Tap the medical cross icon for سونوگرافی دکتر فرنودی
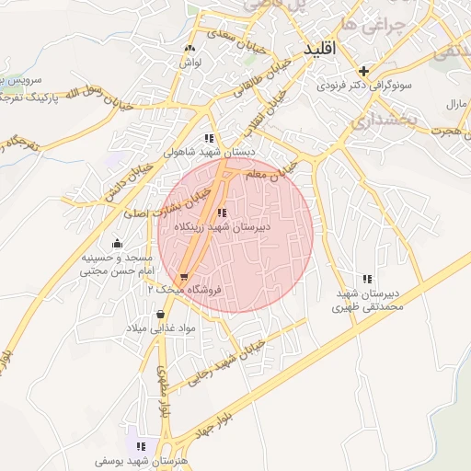point(364,71)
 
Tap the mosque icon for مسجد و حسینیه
point(117,244)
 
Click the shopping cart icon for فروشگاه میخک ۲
point(184,277)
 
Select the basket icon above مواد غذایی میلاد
point(161,315)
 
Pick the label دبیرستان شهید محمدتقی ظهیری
point(368,300)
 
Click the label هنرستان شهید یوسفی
point(138,457)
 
